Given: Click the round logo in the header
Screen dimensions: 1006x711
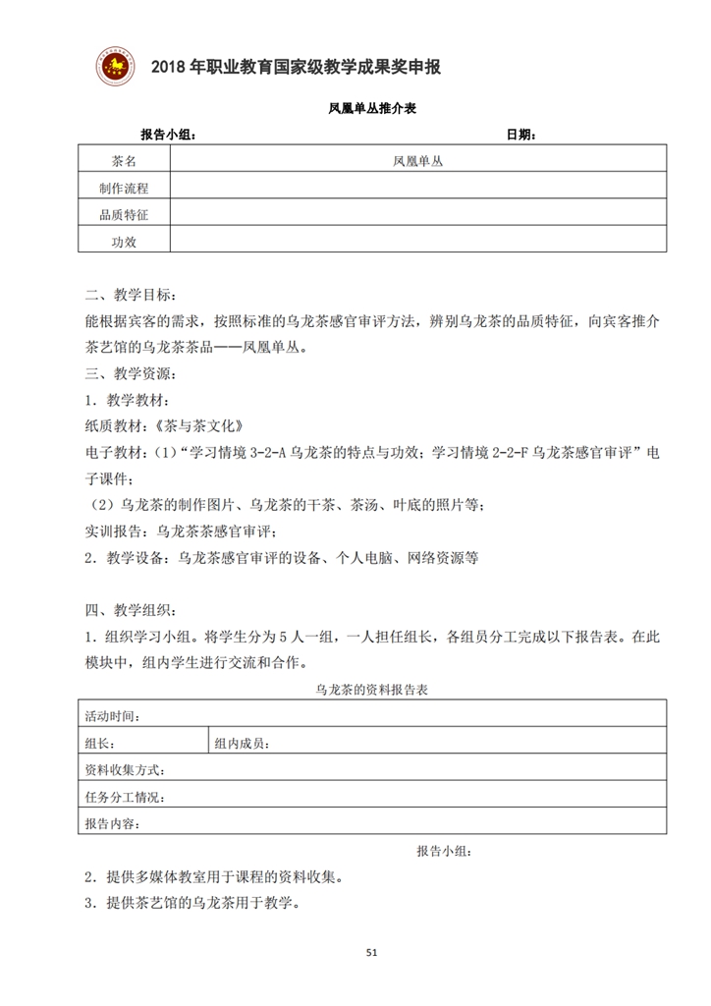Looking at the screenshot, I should pyautogui.click(x=116, y=65).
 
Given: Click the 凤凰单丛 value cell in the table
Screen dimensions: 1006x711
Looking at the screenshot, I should pyautogui.click(x=417, y=160).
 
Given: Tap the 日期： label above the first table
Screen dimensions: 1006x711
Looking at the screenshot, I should pyautogui.click(x=520, y=135).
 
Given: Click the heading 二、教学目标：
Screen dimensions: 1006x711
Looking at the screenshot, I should pyautogui.click(x=133, y=295).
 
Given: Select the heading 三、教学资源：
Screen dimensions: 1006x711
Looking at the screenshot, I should pyautogui.click(x=133, y=373).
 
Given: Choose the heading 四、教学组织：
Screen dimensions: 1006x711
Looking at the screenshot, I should pyautogui.click(x=133, y=609).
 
